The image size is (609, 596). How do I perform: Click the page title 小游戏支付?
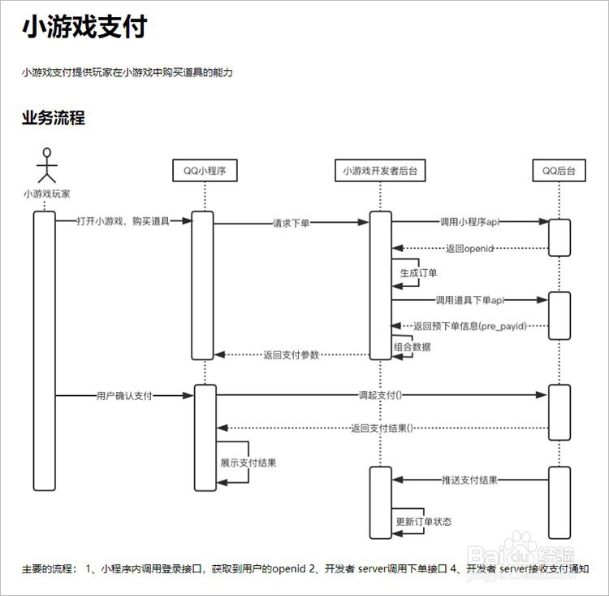coord(84,28)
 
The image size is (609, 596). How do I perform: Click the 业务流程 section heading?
coord(53,118)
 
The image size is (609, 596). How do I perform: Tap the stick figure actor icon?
coord(48,165)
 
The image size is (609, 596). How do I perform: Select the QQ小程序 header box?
coord(205,171)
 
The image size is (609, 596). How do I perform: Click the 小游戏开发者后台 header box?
coord(380,171)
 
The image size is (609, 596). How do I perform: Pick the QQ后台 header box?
coord(559,171)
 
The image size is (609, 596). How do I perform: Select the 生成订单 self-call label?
coord(419,273)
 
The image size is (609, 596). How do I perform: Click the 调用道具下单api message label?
coord(469,300)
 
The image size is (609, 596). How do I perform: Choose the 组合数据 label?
coord(413,346)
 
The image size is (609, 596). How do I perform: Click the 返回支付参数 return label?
coord(292,355)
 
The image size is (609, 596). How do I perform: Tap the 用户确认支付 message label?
coord(124,396)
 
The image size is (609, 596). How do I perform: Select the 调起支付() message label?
coord(381,396)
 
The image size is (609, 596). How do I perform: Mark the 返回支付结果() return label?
coord(382,428)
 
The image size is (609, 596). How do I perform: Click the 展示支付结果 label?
coord(248,463)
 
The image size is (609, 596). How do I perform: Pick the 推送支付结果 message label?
coord(469,480)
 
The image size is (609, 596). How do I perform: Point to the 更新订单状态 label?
coord(424,521)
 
